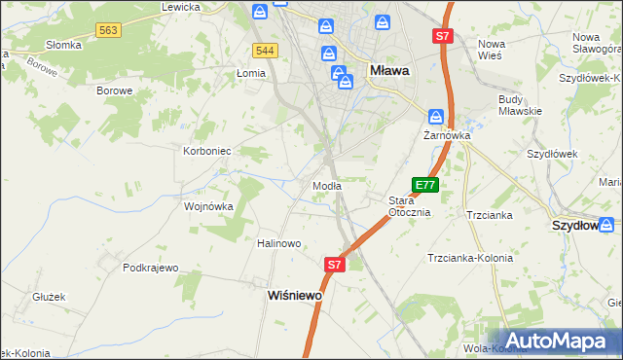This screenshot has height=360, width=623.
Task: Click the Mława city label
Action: tap(389, 71)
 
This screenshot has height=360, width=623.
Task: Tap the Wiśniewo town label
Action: tap(295, 295)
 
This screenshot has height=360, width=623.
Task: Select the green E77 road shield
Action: tap(425, 184)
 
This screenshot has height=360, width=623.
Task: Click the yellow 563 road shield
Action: tap(108, 31)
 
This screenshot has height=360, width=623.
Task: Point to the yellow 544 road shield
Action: tap(264, 50)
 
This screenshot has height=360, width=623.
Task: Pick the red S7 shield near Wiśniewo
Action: tap(334, 264)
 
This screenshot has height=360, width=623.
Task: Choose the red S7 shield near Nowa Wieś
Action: tap(443, 36)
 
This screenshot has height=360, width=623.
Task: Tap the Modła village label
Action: tap(325, 185)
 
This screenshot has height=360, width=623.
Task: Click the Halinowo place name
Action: tap(278, 243)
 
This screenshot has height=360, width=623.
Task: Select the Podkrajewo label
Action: tap(152, 268)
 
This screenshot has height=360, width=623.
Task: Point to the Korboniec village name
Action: tap(206, 151)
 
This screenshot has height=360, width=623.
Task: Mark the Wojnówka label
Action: tap(208, 206)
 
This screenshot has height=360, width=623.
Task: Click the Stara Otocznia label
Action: tap(409, 206)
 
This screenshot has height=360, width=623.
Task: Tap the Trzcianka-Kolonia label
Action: tap(470, 258)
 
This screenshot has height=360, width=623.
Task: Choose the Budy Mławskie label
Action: tap(519, 105)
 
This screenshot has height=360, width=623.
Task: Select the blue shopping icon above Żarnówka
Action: tap(437, 116)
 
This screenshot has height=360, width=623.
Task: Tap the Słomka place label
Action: tap(63, 46)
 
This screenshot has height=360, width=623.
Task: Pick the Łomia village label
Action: tap(250, 73)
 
